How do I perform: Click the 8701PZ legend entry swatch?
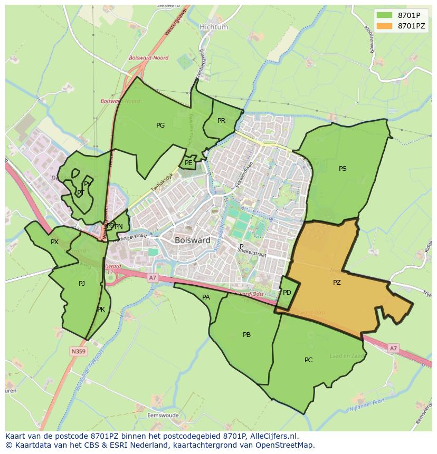pyautogui.click(x=385, y=26)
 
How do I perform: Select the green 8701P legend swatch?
pyautogui.click(x=385, y=15)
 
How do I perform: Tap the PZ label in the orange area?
pyautogui.click(x=337, y=283)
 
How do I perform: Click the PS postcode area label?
pyautogui.click(x=343, y=169)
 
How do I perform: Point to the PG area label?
pyautogui.click(x=160, y=125)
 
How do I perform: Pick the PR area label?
pyautogui.click(x=221, y=121)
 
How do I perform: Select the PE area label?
pyautogui.click(x=188, y=163)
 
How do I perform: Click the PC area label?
pyautogui.click(x=308, y=360)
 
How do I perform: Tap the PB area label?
pyautogui.click(x=246, y=335)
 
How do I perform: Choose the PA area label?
pyautogui.click(x=206, y=297)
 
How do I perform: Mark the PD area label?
pyautogui.click(x=287, y=293)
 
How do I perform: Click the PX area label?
pyautogui.click(x=54, y=242)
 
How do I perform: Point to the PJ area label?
pyautogui.click(x=82, y=284)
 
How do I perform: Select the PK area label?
pyautogui.click(x=101, y=310)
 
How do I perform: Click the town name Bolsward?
pyautogui.click(x=192, y=240)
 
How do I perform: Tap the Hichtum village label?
pyautogui.click(x=214, y=27)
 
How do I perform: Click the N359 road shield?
pyautogui.click(x=79, y=351)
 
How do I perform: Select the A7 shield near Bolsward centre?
pyautogui.click(x=153, y=278)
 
